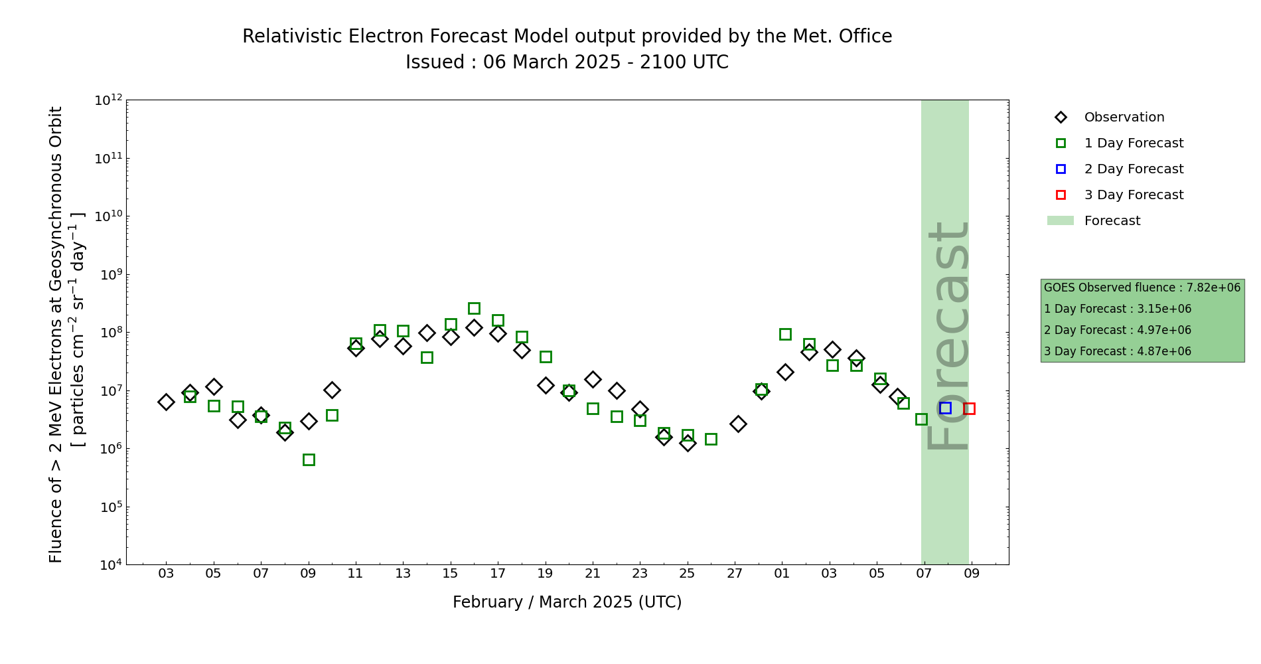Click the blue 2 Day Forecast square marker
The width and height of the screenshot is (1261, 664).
coord(945,408)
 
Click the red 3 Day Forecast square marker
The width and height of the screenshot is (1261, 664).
coord(969,408)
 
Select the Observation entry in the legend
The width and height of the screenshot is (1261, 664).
coord(1124,118)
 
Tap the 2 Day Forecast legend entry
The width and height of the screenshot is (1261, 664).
coord(1133,169)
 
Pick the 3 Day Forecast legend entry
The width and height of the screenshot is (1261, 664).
coord(1133,195)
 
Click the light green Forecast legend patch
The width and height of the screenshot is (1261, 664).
coord(1060,220)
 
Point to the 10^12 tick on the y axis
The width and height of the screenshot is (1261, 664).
coord(109,100)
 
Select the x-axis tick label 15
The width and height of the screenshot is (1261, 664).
coord(451,574)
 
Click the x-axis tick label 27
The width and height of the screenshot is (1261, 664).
coord(735,574)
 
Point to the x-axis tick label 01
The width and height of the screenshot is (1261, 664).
coord(782,574)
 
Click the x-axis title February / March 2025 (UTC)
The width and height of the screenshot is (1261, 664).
coord(567,602)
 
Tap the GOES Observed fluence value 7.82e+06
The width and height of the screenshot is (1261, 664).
coord(1213,288)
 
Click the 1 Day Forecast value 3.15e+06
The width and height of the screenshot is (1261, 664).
coord(1164,309)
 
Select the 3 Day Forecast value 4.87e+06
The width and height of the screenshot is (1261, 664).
coord(1164,351)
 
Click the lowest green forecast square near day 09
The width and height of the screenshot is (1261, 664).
coord(309,459)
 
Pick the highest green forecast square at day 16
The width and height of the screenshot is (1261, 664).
coord(474,308)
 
